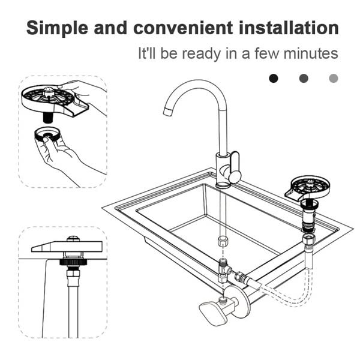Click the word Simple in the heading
tap(57, 28)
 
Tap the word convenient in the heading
tap(183, 28)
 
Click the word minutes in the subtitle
tap(311, 53)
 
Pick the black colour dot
tap(274, 78)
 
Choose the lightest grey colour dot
tap(334, 78)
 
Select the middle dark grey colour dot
tap(304, 78)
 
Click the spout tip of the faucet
tap(167, 111)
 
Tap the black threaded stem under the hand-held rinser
tap(48, 118)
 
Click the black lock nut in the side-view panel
tap(73, 262)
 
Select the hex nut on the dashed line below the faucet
tap(223, 241)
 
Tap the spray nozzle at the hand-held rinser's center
tap(49, 91)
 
